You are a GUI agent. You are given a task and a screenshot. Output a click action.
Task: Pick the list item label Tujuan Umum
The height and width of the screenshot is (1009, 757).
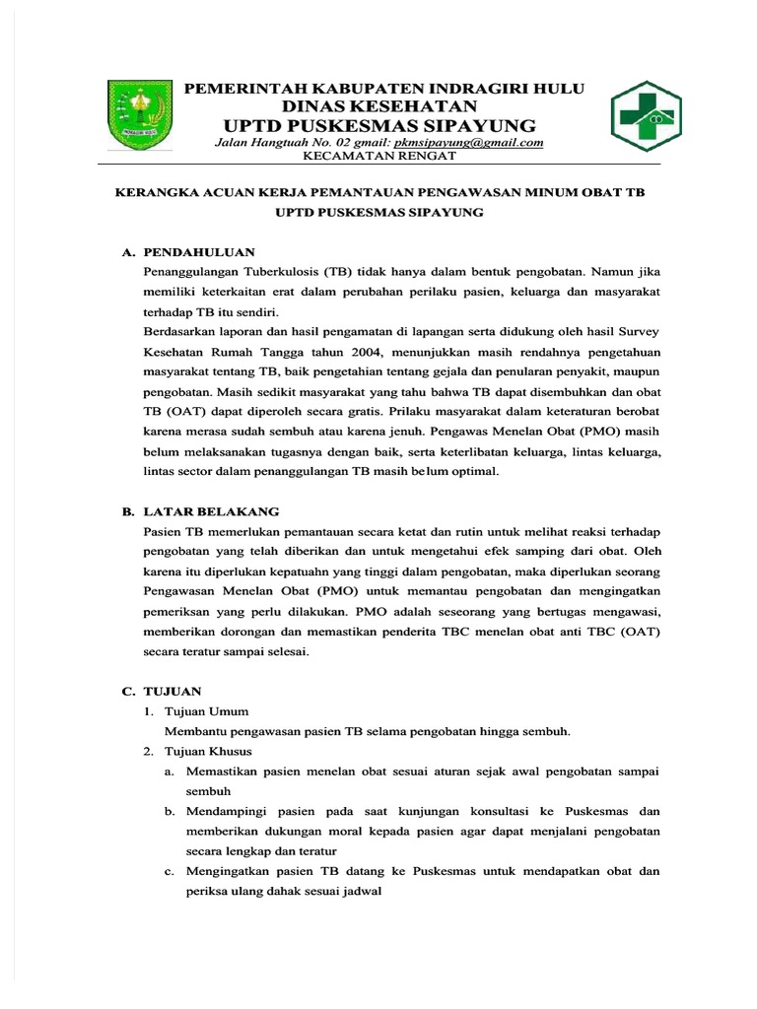point(208,711)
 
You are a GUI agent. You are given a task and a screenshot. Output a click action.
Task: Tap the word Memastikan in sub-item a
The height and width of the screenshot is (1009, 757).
point(226,771)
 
